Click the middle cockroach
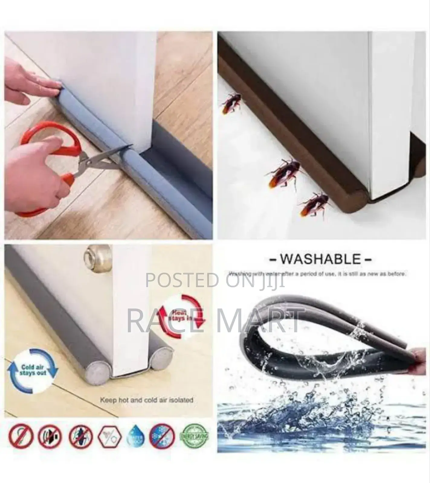(283, 174)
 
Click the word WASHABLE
(320, 259)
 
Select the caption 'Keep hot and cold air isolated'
(146, 400)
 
